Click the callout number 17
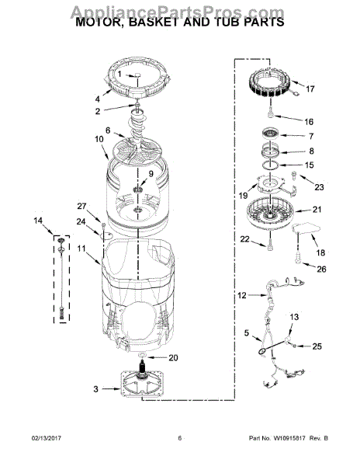pos(310,89)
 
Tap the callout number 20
pos(173,358)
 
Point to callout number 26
pos(321,270)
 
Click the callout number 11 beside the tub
pos(80,249)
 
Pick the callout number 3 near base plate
pos(95,388)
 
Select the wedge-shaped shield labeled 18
pos(306,230)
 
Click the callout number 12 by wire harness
pos(241,295)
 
